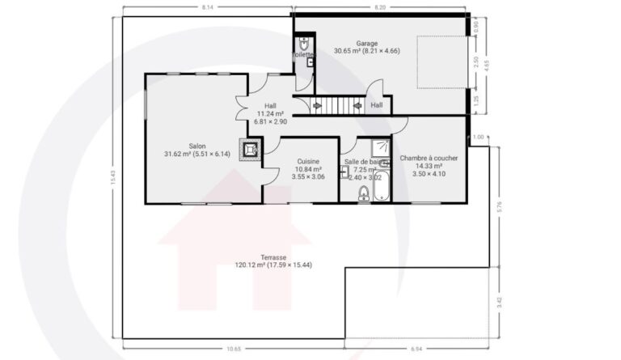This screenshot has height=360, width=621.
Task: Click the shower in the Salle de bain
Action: pos(380,148)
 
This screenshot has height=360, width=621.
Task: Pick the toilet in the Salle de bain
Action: pos(364,193)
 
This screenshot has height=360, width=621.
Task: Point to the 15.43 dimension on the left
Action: pos(113,176)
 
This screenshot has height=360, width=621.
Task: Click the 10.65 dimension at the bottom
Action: pos(233,349)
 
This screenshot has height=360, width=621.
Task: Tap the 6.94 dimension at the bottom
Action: pos(416,349)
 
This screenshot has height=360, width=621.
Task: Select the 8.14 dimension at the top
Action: pos(207,6)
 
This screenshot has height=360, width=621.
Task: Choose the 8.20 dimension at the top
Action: pos(379,6)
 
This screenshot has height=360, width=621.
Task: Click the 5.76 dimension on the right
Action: pos(500,207)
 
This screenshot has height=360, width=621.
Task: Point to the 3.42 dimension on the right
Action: pos(500,303)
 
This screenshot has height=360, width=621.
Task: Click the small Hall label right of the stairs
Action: pos(377,105)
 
